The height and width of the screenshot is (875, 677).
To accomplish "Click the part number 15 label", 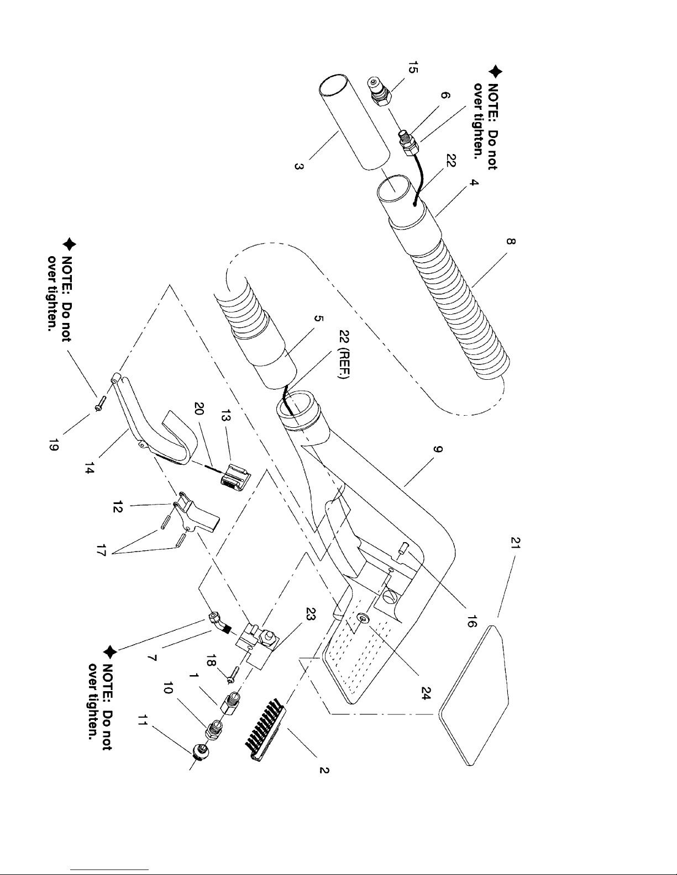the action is click(x=413, y=67).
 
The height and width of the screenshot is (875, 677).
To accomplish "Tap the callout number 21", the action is click(x=516, y=543).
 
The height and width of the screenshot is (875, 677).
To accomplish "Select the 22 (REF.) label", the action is click(x=344, y=354).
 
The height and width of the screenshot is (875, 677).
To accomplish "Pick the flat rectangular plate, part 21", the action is click(x=474, y=695).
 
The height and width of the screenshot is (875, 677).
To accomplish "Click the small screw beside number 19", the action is click(x=101, y=402).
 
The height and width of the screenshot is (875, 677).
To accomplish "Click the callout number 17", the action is click(x=101, y=550).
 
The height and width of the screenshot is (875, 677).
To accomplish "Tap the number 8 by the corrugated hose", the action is click(x=511, y=241).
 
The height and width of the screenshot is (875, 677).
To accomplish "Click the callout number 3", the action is click(x=298, y=166).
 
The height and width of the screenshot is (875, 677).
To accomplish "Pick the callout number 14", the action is click(x=90, y=468).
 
